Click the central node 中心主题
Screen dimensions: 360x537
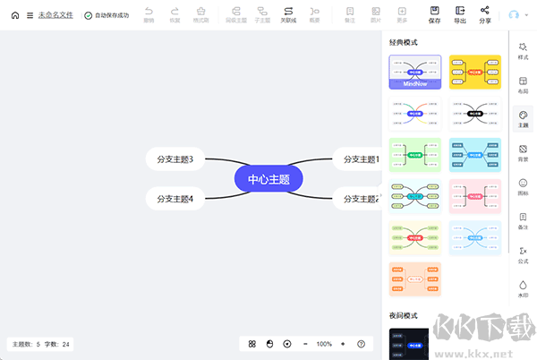tap(268, 178)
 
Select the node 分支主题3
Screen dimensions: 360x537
tap(175, 159)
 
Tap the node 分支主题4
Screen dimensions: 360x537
tap(175, 198)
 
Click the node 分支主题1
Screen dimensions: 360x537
tap(358, 159)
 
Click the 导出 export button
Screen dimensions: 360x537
tap(460, 13)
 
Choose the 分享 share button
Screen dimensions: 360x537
tap(485, 13)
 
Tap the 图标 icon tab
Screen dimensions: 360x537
tap(523, 186)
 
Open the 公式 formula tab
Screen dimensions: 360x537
tap(523, 254)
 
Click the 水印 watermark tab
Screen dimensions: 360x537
tap(523, 288)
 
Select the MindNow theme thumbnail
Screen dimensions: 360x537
tap(415, 72)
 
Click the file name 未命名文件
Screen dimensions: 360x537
tap(56, 15)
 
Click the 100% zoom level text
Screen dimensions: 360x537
tap(323, 344)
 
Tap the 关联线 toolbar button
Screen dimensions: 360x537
tap(288, 13)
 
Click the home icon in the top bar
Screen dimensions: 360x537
tap(14, 15)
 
